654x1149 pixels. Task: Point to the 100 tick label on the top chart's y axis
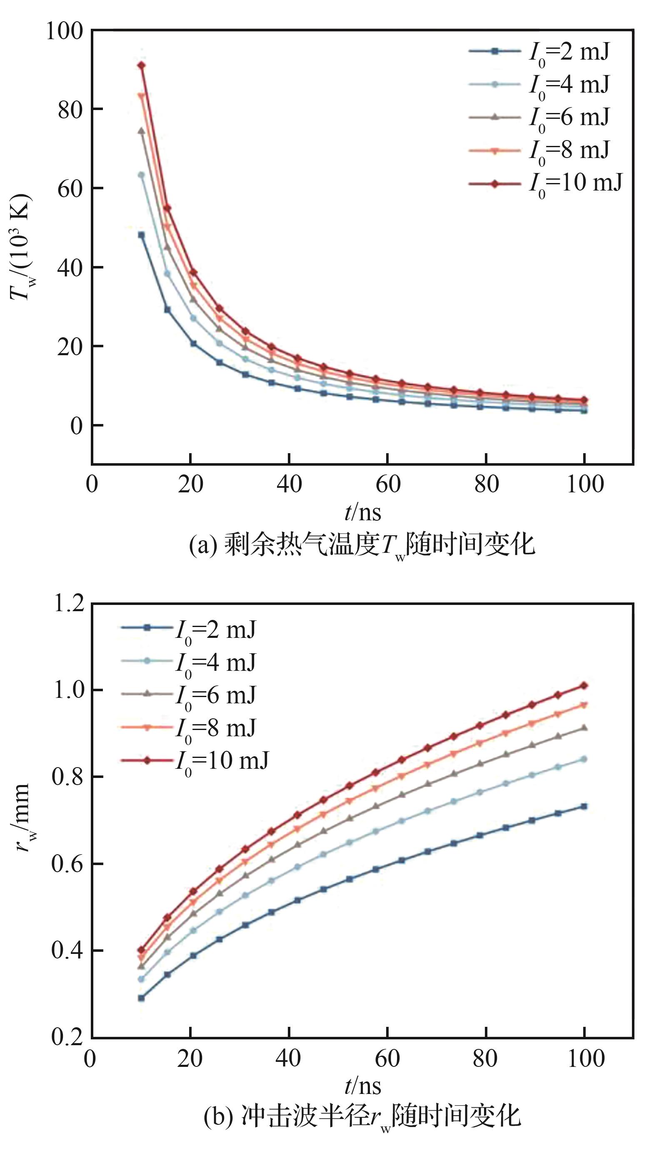tap(65, 31)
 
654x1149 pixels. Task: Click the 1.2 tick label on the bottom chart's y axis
tap(69, 603)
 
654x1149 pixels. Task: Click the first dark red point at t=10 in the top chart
tap(142, 65)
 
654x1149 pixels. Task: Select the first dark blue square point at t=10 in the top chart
tap(142, 235)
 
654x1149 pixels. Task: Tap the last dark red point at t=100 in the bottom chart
tap(584, 686)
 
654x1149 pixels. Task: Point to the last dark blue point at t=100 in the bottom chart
tap(584, 806)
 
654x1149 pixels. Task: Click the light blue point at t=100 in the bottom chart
tap(584, 759)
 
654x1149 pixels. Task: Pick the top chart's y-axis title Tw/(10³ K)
tap(21, 247)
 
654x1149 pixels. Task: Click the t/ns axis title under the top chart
tap(363, 512)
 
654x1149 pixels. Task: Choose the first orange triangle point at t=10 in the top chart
tap(142, 96)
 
